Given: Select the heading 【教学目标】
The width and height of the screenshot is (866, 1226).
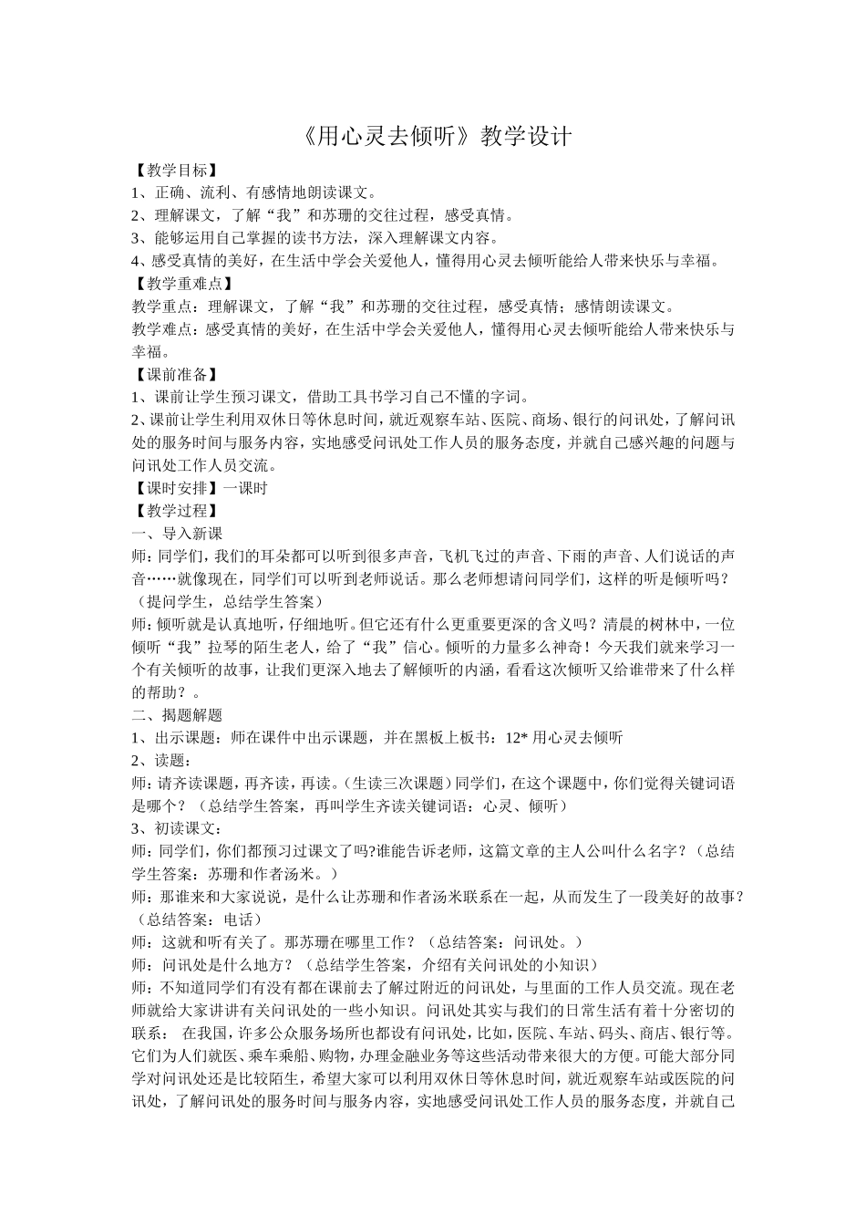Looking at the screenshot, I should click(174, 170).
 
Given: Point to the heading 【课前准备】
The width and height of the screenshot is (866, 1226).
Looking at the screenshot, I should click(174, 374).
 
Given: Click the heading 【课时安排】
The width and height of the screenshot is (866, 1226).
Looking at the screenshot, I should click(174, 488).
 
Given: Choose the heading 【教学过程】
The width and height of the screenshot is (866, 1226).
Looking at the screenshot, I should click(174, 511).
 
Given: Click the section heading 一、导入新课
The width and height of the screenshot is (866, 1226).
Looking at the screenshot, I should click(177, 534).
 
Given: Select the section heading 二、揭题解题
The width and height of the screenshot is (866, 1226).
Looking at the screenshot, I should click(177, 715).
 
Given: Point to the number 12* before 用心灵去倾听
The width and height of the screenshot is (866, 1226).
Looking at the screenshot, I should click(516, 738).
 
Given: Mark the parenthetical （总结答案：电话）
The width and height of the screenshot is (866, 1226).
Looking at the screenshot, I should click(196, 919).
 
